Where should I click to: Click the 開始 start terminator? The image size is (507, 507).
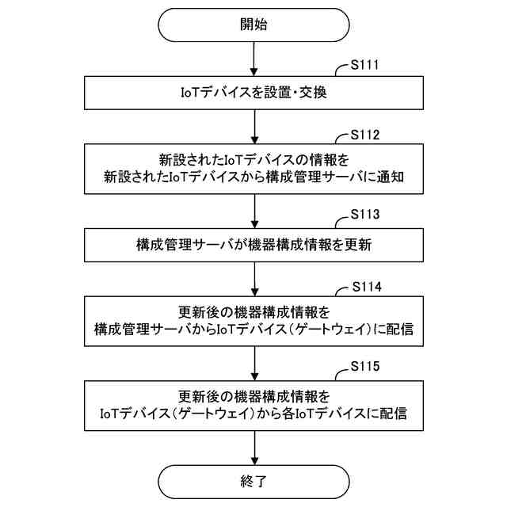tap(253, 24)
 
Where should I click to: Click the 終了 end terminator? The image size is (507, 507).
tap(253, 481)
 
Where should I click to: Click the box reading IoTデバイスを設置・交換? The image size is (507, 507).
tap(253, 92)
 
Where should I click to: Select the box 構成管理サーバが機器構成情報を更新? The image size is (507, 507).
tap(253, 245)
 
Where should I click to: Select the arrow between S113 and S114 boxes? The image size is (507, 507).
tap(253, 278)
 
